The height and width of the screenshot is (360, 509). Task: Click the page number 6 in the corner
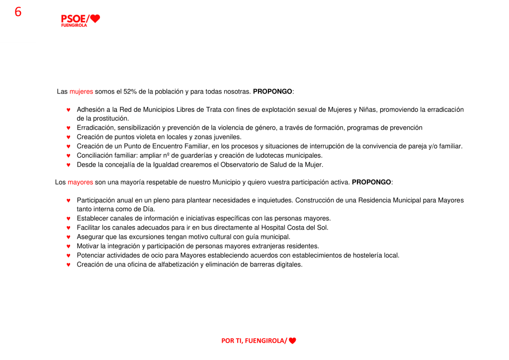click(x=18, y=12)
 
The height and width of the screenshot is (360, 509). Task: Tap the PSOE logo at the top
click(x=80, y=20)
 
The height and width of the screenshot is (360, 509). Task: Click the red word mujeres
click(x=81, y=91)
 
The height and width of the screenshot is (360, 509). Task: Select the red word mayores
click(x=80, y=182)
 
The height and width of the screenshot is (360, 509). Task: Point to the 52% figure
click(x=131, y=91)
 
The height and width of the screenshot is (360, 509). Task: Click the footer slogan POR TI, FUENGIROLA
click(x=254, y=341)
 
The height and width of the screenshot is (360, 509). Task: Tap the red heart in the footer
click(x=292, y=341)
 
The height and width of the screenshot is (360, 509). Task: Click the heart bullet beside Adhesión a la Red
click(x=69, y=110)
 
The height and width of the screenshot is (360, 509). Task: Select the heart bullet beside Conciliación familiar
click(x=69, y=156)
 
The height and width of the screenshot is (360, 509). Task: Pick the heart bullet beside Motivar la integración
click(x=69, y=247)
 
